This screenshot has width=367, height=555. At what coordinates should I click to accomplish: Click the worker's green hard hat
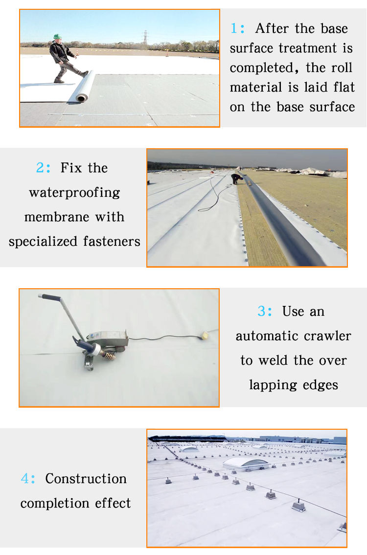pyautogui.click(x=57, y=36)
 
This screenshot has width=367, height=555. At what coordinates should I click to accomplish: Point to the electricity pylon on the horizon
pyautogui.click(x=145, y=38)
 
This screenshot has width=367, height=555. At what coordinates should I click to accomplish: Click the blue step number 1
pyautogui.click(x=237, y=28)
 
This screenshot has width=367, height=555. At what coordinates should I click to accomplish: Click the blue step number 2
pyautogui.click(x=43, y=167)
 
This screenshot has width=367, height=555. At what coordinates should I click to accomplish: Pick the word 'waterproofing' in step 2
pyautogui.click(x=75, y=193)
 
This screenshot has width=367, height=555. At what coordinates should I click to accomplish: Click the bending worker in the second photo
pyautogui.click(x=236, y=178)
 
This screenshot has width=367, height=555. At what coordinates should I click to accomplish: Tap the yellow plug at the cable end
pyautogui.click(x=204, y=334)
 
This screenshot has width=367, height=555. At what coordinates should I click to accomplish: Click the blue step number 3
pyautogui.click(x=265, y=311)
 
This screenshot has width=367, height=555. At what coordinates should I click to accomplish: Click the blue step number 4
pyautogui.click(x=28, y=479)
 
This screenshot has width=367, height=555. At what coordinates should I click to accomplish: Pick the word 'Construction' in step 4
pyautogui.click(x=86, y=479)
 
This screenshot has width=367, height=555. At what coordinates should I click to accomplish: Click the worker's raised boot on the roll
pyautogui.click(x=85, y=73)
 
